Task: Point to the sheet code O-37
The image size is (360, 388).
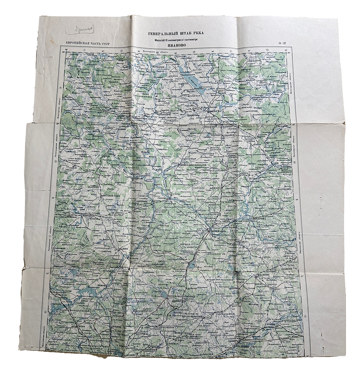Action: click(x=283, y=44)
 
